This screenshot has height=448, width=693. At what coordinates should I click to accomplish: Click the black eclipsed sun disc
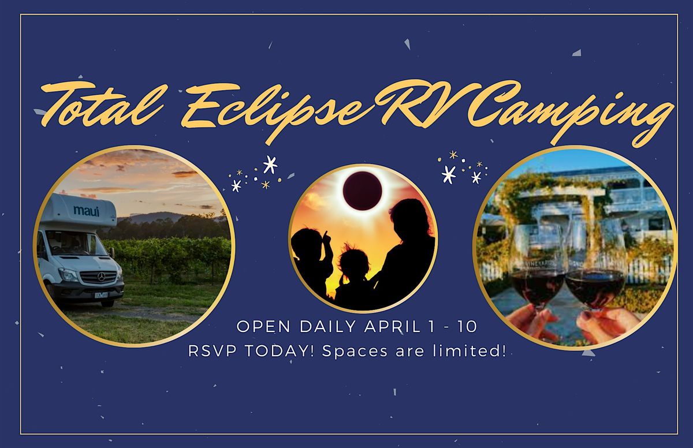[362, 191]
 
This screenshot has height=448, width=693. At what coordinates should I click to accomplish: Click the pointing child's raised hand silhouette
[327, 237]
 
